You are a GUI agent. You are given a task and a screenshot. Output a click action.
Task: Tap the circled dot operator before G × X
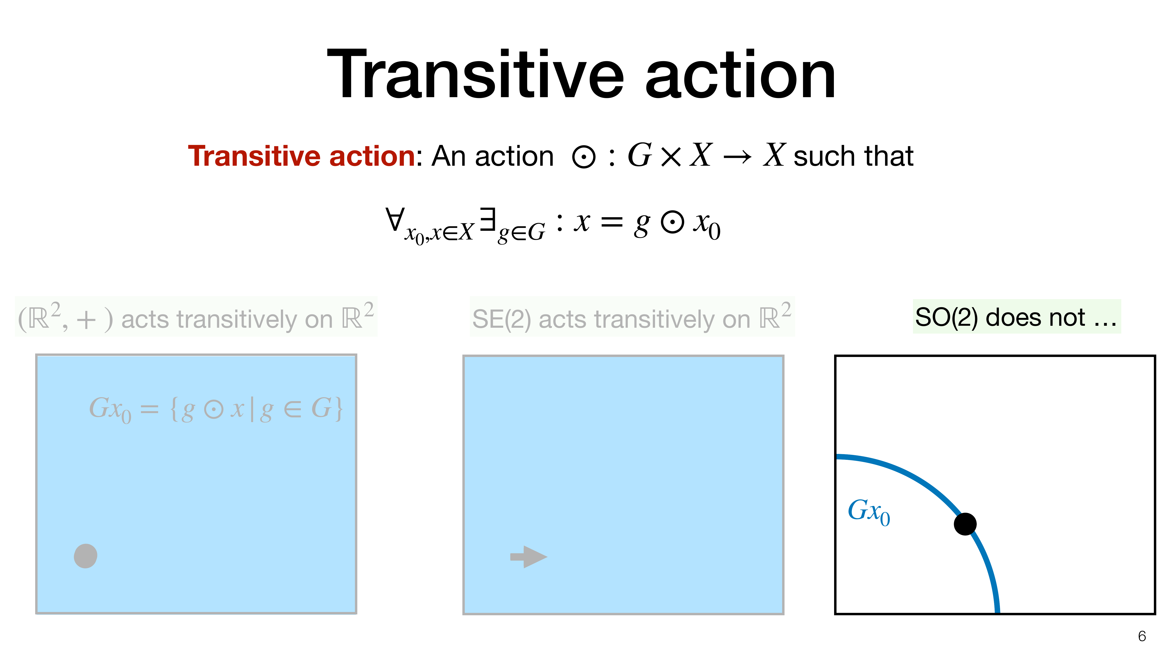(x=583, y=157)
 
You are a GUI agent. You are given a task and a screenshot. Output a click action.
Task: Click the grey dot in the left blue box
(x=85, y=556)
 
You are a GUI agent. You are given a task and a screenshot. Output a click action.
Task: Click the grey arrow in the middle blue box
(x=529, y=557)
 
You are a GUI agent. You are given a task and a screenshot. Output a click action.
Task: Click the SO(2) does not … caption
(x=1016, y=317)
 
